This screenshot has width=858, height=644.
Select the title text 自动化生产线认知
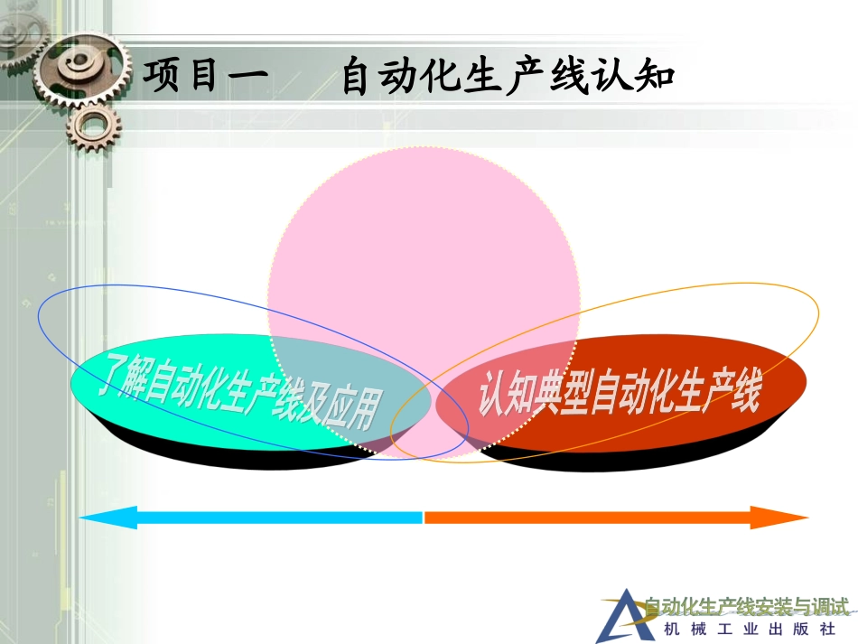point(508,78)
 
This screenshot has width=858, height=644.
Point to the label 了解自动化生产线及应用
point(240,391)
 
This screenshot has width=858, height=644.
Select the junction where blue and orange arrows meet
point(424,518)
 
